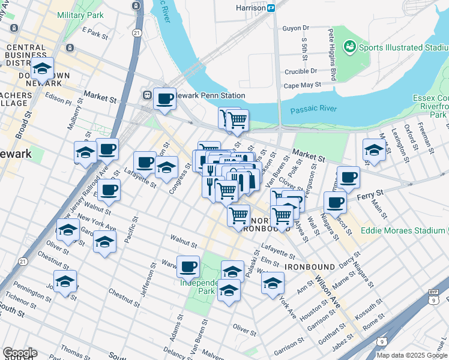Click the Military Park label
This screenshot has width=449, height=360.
click(81, 14)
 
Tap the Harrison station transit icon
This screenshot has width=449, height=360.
click(271, 8)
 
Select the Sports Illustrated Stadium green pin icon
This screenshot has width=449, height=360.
click(349, 46)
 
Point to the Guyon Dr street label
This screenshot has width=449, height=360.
click(295, 28)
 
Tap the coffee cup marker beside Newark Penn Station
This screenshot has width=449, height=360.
click(164, 99)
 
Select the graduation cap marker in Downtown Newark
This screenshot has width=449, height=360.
click(42, 69)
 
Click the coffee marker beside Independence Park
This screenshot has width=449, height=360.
click(188, 265)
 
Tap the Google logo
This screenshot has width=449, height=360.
click(19, 353)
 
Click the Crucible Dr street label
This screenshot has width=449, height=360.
click(300, 71)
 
